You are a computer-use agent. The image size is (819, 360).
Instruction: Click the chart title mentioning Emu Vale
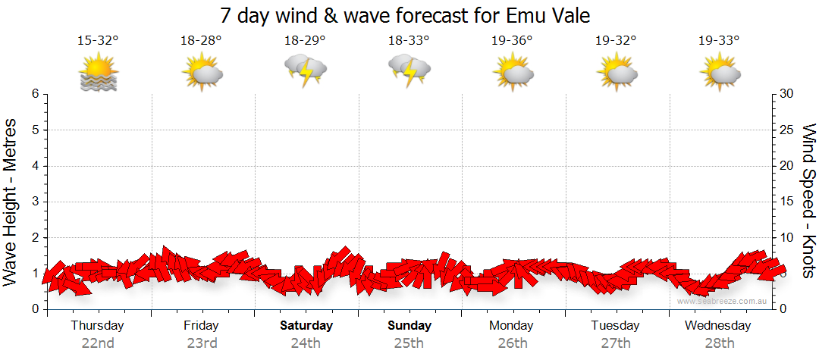point(405,15)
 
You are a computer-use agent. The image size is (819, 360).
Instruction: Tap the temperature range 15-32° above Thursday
point(98,40)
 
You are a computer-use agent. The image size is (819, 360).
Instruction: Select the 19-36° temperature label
point(513,40)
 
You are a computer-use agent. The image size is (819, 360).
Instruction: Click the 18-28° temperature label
point(202,40)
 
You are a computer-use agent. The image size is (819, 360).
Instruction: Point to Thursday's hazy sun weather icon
point(99,73)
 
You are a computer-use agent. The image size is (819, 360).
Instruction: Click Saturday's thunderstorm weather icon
point(305,71)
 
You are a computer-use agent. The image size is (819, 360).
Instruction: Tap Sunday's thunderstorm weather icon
point(409,71)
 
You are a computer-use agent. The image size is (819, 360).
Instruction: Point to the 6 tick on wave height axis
point(34,94)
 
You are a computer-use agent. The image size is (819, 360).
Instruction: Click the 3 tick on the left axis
point(34,202)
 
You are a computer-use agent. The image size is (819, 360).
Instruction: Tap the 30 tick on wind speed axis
point(788,94)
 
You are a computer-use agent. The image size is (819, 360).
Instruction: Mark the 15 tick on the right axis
point(788,202)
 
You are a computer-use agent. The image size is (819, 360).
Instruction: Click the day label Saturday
point(306,326)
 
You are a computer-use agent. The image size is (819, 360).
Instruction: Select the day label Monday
point(512,326)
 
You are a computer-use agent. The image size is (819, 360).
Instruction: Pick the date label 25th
point(409,343)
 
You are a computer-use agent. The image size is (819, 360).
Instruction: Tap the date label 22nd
point(98,343)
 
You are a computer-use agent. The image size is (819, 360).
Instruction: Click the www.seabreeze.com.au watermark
point(723,302)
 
